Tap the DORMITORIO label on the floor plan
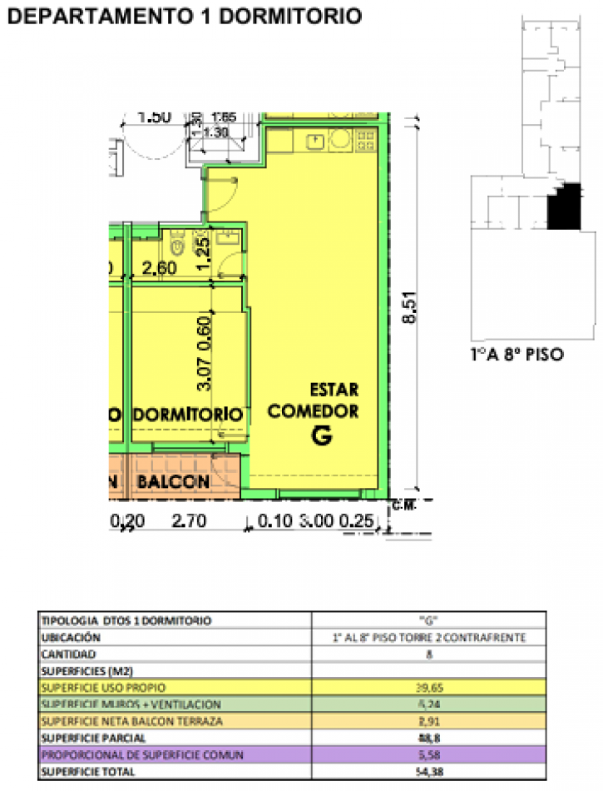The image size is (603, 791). pyautogui.click(x=189, y=414)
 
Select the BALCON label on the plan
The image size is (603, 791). pyautogui.click(x=174, y=481)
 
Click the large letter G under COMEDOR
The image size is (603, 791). pyautogui.click(x=322, y=435)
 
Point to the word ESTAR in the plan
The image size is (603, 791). pyautogui.click(x=334, y=390)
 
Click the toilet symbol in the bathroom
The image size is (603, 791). pyautogui.click(x=176, y=243)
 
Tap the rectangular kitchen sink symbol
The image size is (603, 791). pyautogui.click(x=314, y=141)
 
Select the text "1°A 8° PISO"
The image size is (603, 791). pyautogui.click(x=517, y=354)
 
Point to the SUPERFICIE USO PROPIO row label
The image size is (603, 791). pyautogui.click(x=103, y=687)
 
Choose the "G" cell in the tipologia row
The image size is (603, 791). pyautogui.click(x=428, y=619)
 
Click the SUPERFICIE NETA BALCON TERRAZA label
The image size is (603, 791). pyautogui.click(x=131, y=721)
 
